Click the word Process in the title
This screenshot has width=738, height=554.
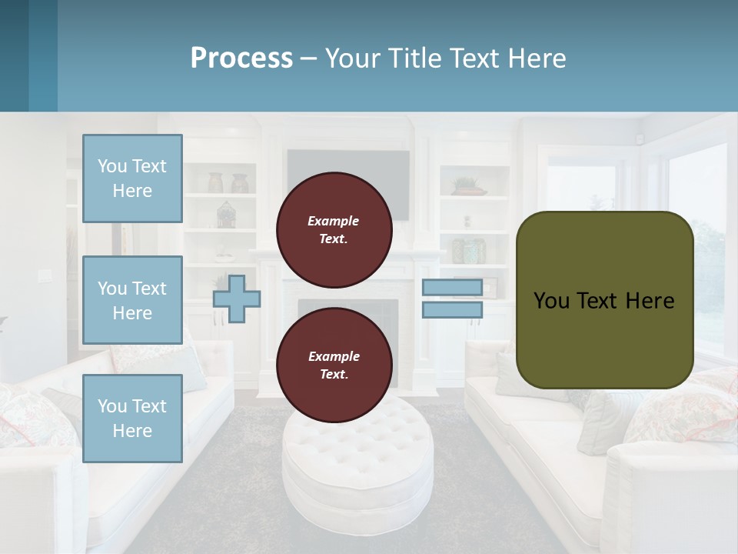(x=241, y=58)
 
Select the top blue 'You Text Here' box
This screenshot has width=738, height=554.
(x=132, y=179)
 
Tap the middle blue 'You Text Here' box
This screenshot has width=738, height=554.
(x=132, y=300)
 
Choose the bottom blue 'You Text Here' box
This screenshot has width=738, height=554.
(x=132, y=418)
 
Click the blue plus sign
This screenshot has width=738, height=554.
(x=236, y=299)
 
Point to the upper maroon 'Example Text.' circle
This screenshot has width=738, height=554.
(x=334, y=229)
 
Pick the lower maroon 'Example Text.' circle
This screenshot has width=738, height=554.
(x=334, y=365)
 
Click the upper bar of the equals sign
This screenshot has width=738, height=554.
(x=452, y=288)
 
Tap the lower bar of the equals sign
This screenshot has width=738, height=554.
(x=452, y=309)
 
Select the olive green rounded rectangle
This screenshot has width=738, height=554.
(x=604, y=300)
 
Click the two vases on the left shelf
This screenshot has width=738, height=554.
(x=228, y=183)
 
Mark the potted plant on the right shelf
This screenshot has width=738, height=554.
(x=467, y=185)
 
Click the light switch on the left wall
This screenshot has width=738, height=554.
(x=43, y=275)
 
